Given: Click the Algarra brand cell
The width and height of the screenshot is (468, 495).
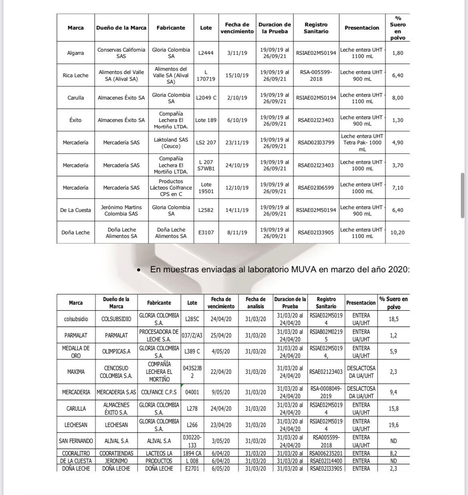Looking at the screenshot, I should [x=76, y=53].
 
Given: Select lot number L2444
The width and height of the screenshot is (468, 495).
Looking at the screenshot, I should [x=206, y=53].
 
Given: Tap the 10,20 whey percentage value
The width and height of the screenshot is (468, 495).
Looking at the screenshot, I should [x=398, y=233].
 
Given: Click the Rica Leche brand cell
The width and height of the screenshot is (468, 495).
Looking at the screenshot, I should [x=76, y=76].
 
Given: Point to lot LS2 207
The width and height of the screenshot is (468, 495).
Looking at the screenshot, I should [x=206, y=143].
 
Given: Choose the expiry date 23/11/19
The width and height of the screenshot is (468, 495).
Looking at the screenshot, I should [x=237, y=143].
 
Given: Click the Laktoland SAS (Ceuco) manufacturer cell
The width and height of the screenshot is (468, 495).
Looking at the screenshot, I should [x=171, y=143].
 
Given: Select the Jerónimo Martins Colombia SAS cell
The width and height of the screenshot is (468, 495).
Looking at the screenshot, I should [x=121, y=210].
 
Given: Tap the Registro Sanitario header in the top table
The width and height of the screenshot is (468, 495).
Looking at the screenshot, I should [x=316, y=28].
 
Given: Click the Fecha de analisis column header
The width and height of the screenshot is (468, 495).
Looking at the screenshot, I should [x=255, y=303].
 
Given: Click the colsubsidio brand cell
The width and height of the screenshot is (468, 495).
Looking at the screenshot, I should [x=76, y=319].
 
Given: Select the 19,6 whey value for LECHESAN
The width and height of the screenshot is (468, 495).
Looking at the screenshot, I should [x=394, y=425].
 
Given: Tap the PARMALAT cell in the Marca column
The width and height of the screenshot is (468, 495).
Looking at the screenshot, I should [x=76, y=335].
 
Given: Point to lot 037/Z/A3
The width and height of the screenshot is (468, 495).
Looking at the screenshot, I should [x=192, y=335].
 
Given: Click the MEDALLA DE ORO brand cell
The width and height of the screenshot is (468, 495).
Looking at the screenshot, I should [x=76, y=352].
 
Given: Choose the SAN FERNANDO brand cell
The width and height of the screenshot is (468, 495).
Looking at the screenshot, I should [x=76, y=441].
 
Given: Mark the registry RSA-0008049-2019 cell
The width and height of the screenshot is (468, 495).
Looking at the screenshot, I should [x=326, y=392].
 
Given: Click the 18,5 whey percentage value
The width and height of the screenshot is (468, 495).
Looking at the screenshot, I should [x=394, y=319].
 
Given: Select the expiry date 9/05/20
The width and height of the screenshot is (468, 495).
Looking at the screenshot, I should [x=221, y=392].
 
